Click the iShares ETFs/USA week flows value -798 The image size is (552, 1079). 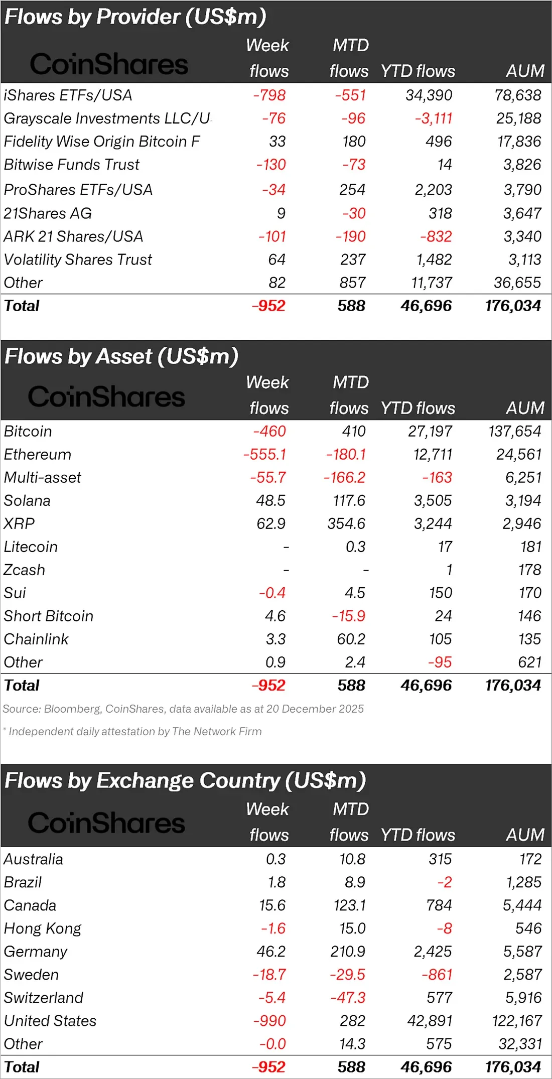click(x=269, y=95)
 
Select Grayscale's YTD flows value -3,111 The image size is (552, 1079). click(x=434, y=118)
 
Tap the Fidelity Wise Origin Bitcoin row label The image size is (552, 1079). click(x=102, y=142)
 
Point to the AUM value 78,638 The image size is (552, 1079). click(x=517, y=95)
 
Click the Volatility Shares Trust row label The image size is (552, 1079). click(x=78, y=260)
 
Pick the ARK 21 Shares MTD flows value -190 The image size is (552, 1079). click(x=351, y=236)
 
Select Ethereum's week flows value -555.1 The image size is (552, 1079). click(x=264, y=455)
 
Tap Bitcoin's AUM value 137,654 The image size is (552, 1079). click(x=515, y=432)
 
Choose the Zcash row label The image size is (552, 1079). click(x=25, y=570)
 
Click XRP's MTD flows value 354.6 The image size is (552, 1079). click(x=346, y=524)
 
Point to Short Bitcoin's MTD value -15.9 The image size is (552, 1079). click(x=349, y=616)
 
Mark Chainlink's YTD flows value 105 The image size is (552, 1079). click(x=441, y=639)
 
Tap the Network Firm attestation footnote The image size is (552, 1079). click(x=132, y=732)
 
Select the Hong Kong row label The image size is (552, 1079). click(x=43, y=929)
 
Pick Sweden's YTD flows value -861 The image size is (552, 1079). click(x=437, y=975)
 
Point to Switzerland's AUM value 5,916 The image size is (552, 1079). click(x=523, y=998)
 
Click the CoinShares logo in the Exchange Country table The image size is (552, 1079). click(x=106, y=824)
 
